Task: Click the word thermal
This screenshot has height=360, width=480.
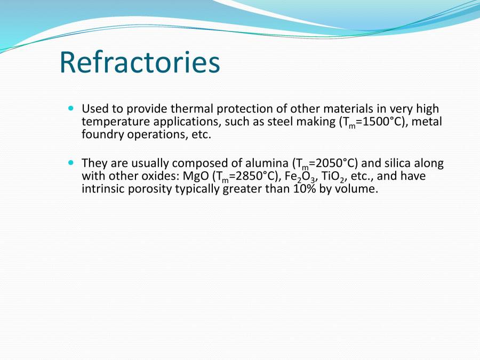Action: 189,109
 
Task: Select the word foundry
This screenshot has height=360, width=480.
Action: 101,135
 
